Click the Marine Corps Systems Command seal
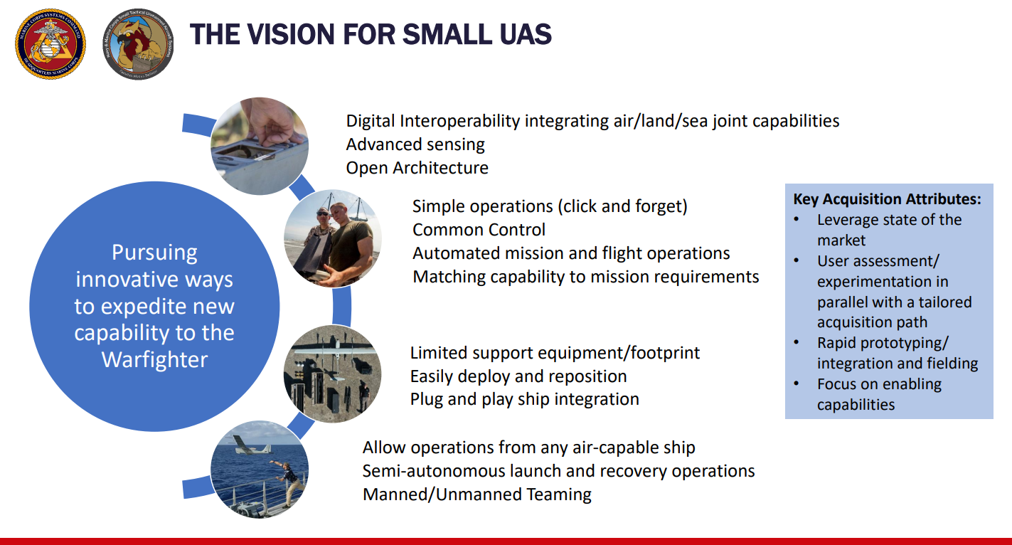50,44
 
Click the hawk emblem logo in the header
138,44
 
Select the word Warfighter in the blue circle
154,360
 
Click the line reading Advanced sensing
415,144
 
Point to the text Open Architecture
417,168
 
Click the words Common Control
479,230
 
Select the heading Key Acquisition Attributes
888,199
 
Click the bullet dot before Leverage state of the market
797,220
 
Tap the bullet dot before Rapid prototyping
797,342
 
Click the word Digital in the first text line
370,121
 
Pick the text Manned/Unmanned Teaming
477,494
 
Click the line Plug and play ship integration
525,399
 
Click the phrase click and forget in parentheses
622,206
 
